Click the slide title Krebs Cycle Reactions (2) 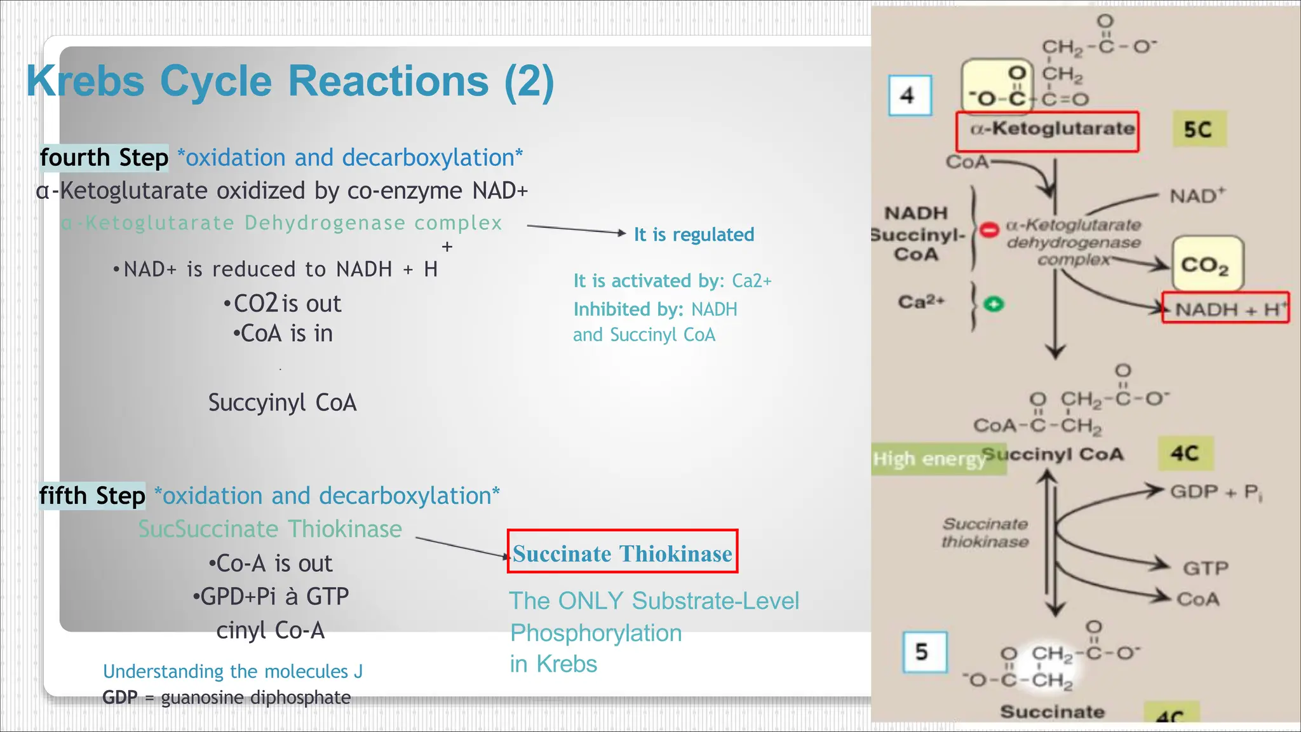click(290, 81)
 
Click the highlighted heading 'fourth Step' click(104, 158)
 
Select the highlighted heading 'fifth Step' click(93, 496)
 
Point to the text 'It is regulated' click(694, 234)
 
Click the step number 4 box click(910, 96)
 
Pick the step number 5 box click(924, 652)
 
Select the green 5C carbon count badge click(1198, 130)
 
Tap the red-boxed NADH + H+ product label click(1225, 309)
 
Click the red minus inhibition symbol click(988, 229)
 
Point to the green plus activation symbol click(994, 304)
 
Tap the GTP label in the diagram click(1205, 567)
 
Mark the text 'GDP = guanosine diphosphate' click(227, 698)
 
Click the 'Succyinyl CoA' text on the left click(283, 403)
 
